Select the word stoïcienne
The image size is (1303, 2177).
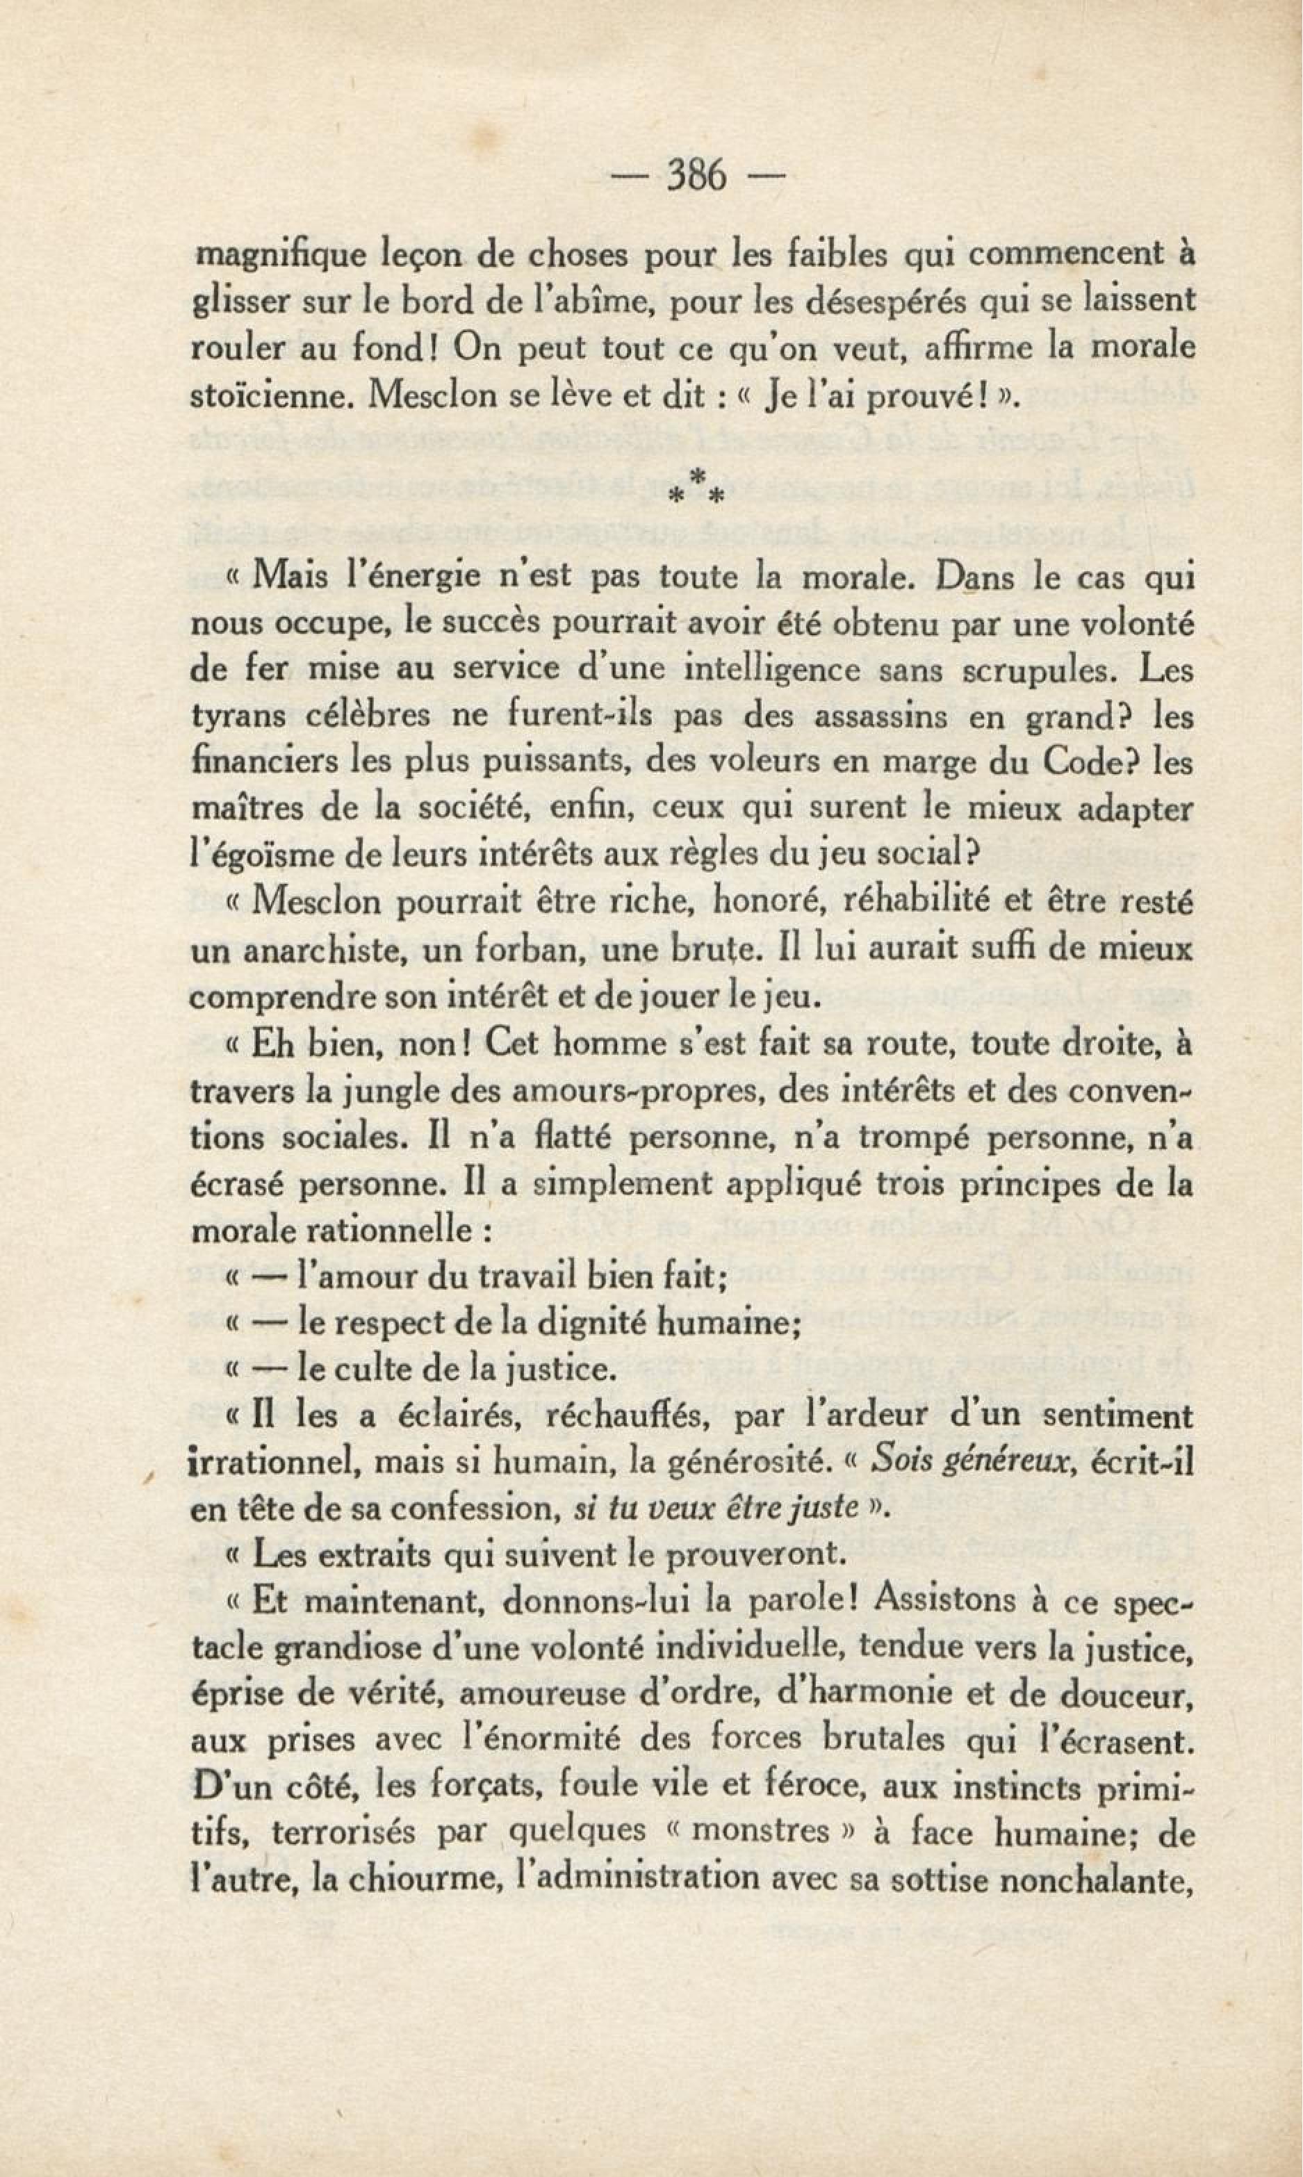click(270, 395)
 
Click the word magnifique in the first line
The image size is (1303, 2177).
click(274, 257)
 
